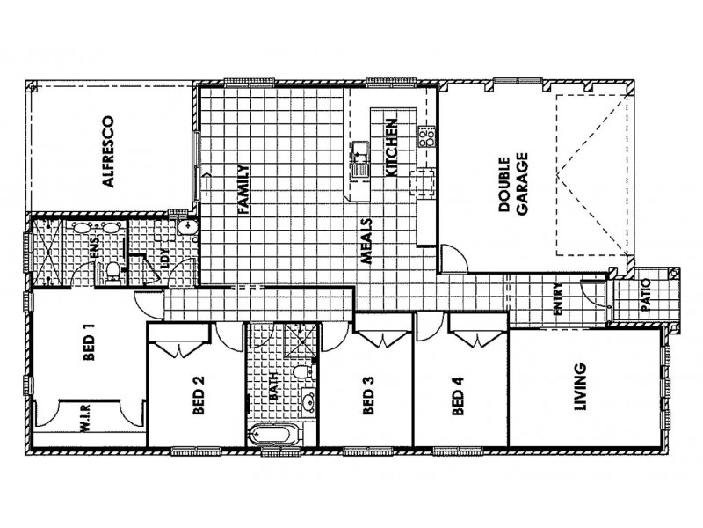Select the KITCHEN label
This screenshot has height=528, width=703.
tap(393, 148)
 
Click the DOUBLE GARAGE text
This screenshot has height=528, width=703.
tap(512, 187)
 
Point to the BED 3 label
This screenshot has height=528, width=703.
tap(368, 397)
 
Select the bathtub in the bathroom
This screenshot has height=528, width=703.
tap(273, 435)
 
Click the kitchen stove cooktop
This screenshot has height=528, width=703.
tap(426, 136)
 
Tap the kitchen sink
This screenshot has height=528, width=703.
tap(361, 160)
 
